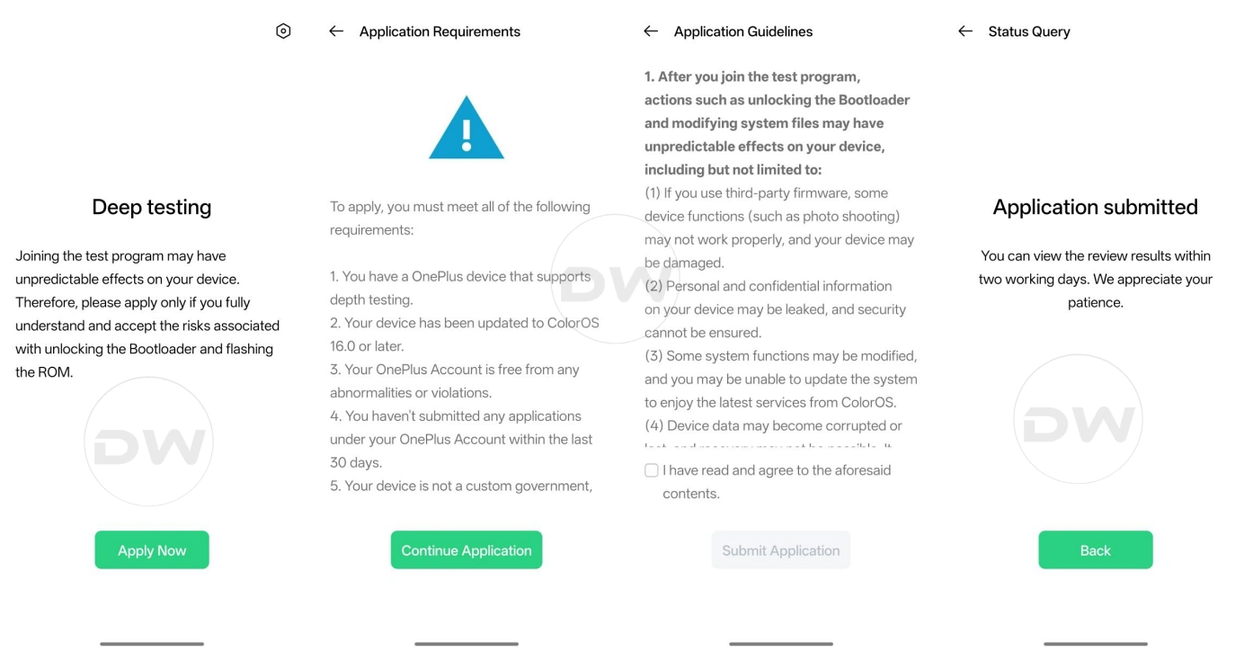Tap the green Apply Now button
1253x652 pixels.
tap(152, 550)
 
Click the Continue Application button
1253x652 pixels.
tap(467, 550)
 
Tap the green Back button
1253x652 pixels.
tap(1095, 550)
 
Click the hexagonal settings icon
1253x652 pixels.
tap(283, 31)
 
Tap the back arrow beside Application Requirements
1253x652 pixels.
tap(336, 31)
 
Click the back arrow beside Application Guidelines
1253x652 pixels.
tap(651, 31)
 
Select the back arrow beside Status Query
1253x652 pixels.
tap(965, 31)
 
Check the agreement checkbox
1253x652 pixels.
tap(652, 470)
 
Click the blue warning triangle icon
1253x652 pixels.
tap(467, 129)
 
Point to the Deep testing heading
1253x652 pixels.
tap(152, 207)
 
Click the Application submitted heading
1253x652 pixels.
tap(1095, 207)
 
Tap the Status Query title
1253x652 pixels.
tap(1029, 31)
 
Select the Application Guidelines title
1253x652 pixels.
tap(743, 31)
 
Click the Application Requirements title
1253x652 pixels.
tap(440, 31)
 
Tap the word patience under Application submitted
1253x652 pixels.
tap(1095, 302)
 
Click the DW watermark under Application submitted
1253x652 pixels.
tap(1078, 420)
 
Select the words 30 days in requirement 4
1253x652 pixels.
tap(356, 463)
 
